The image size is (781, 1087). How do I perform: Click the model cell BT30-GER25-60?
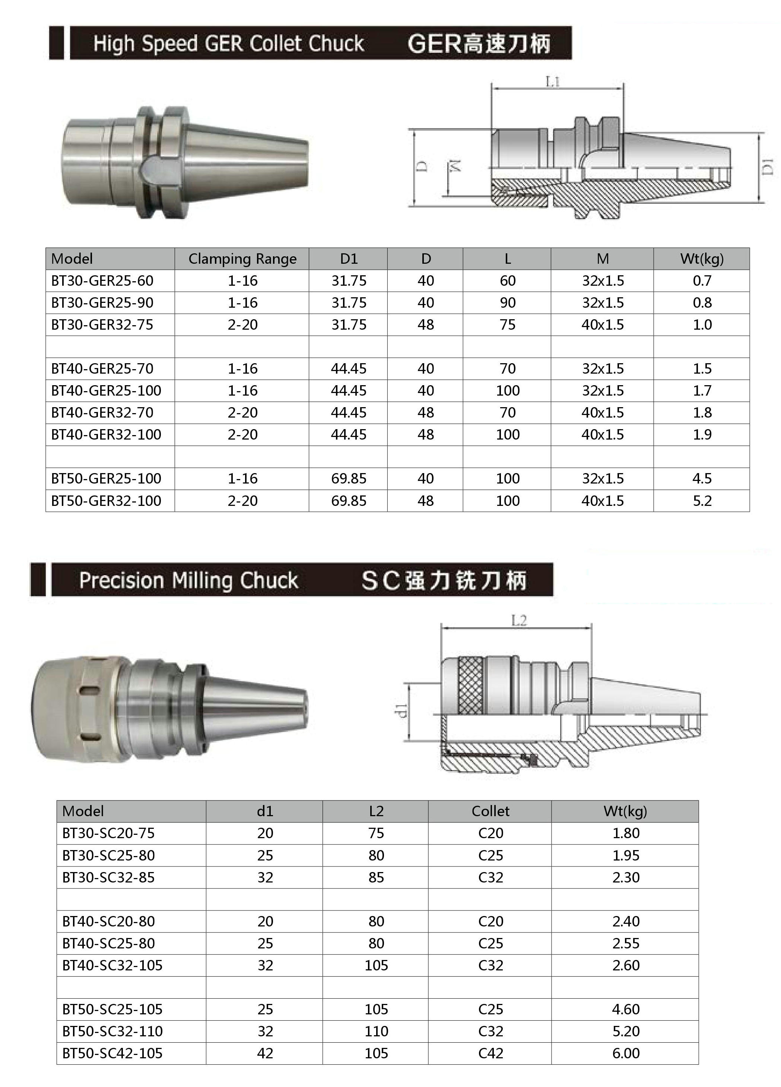point(102,281)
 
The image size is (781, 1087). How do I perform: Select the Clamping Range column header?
point(242,259)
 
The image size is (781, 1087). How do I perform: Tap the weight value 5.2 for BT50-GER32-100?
point(702,501)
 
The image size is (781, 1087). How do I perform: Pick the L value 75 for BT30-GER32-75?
point(507,324)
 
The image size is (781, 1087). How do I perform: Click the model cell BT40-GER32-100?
point(106,435)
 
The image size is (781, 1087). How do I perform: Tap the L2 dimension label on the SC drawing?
point(519,621)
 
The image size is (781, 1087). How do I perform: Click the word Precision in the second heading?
point(122,580)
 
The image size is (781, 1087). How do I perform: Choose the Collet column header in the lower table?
point(490,811)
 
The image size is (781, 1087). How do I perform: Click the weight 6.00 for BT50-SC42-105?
point(626,1053)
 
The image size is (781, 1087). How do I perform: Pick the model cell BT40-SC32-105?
point(112,965)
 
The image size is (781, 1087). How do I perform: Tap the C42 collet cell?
point(490,1053)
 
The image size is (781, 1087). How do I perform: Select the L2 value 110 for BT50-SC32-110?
point(376,1031)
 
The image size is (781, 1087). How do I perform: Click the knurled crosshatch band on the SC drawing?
point(470,686)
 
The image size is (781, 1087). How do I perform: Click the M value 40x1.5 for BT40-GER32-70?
point(602,413)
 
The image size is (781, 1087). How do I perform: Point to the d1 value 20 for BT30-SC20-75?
point(265,833)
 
